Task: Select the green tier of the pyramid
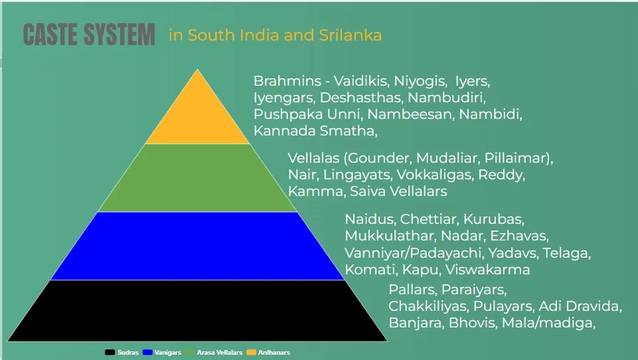[197, 178]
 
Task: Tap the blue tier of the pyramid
[197, 246]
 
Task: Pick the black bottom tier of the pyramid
[197, 310]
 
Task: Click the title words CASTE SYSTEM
[89, 35]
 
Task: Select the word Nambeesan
[411, 114]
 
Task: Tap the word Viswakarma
[488, 270]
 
